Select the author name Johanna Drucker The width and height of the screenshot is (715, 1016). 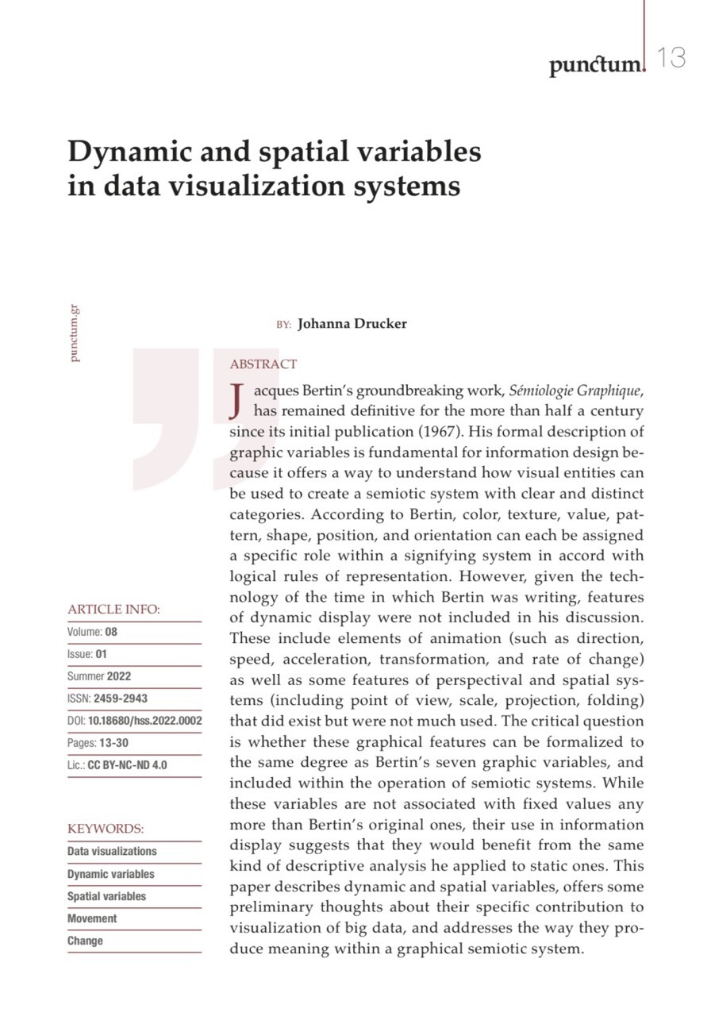(352, 324)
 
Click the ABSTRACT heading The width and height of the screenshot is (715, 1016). (263, 364)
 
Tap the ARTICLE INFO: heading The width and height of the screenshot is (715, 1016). (113, 610)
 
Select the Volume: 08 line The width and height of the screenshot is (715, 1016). (92, 633)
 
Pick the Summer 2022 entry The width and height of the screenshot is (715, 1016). (99, 676)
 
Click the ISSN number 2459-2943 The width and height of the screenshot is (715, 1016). (120, 698)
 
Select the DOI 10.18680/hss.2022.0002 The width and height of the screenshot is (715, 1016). (144, 721)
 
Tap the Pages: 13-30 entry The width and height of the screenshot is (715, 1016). (94, 743)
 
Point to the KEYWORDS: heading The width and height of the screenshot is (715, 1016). (106, 829)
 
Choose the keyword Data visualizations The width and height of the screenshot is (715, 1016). (112, 851)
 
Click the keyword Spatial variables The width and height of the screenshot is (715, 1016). (106, 896)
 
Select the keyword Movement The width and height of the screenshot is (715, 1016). (92, 918)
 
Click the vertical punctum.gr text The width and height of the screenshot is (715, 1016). (75, 333)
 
